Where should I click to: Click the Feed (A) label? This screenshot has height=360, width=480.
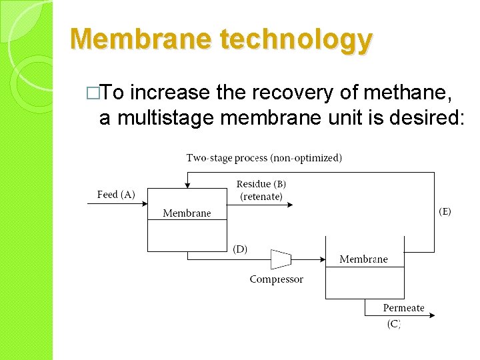116,195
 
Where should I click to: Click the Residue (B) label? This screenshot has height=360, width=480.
261,184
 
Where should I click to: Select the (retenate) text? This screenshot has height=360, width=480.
261,197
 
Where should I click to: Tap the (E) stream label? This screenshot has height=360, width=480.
444,211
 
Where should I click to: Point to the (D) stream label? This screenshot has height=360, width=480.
240,249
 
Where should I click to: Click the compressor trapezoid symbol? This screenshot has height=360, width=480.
281,259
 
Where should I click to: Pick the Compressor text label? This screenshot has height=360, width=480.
276,279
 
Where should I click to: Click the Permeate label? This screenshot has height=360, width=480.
403,308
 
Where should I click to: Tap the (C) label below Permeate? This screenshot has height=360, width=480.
394,324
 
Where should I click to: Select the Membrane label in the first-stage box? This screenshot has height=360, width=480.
187,213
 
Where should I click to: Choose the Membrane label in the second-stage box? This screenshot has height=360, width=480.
363,259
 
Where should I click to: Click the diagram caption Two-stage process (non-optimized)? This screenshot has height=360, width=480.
264,158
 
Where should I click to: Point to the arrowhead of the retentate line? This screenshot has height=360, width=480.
289,204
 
